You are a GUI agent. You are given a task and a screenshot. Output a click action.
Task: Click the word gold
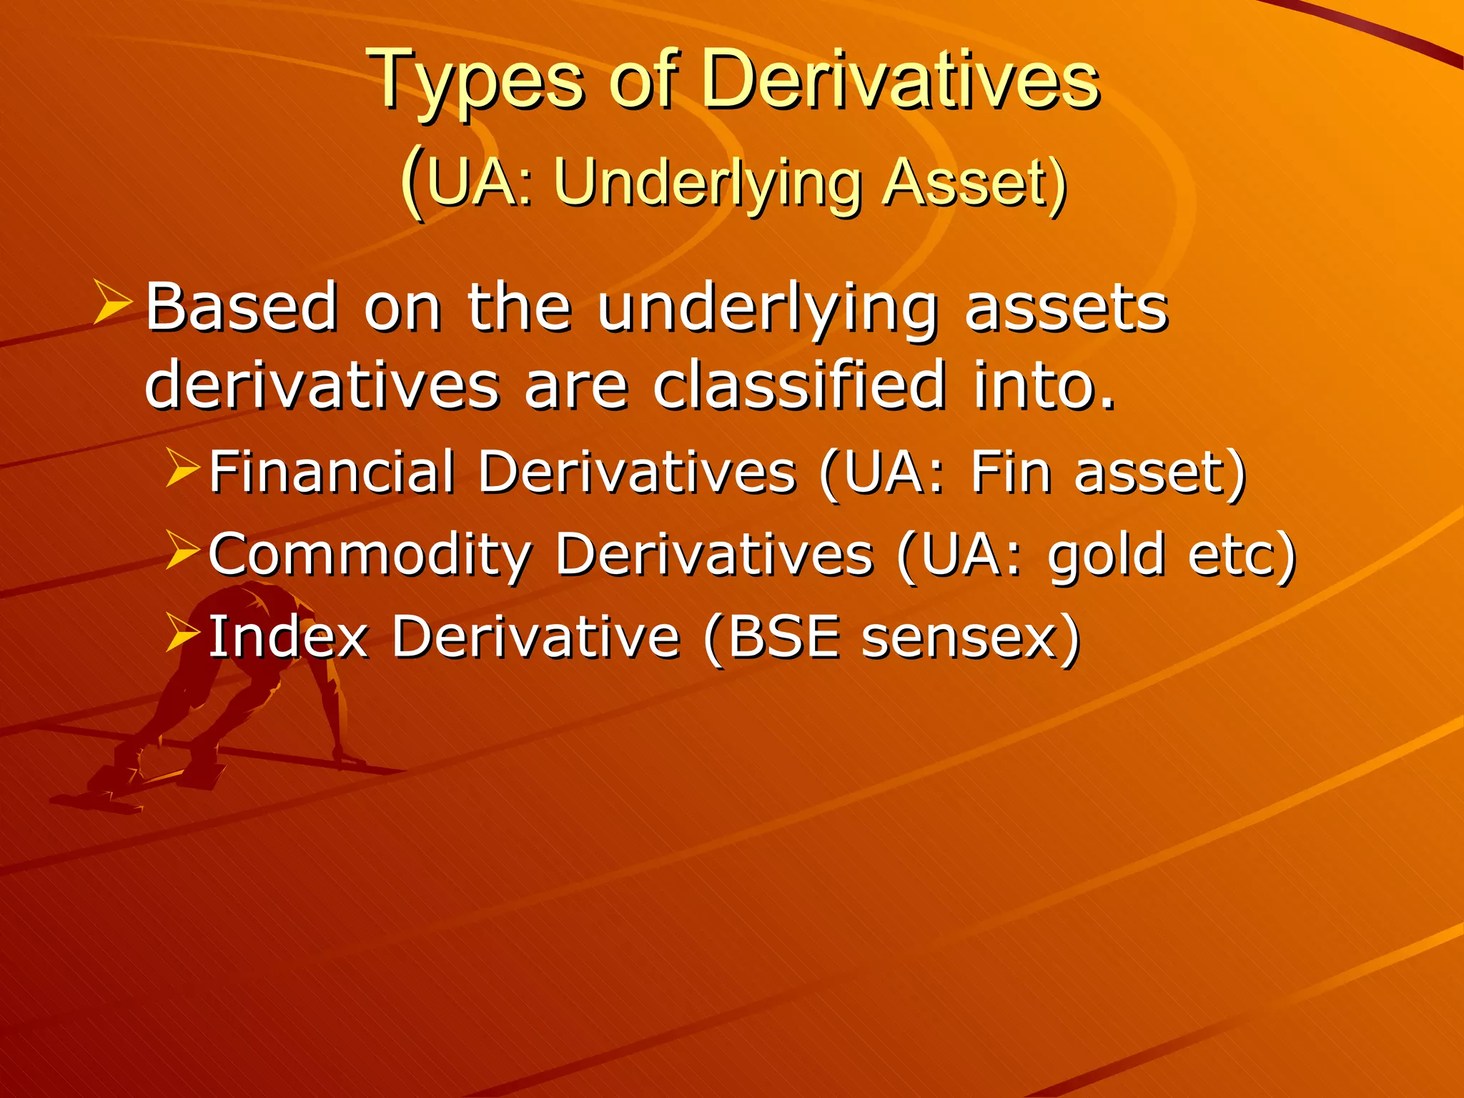pyautogui.click(x=1107, y=555)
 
